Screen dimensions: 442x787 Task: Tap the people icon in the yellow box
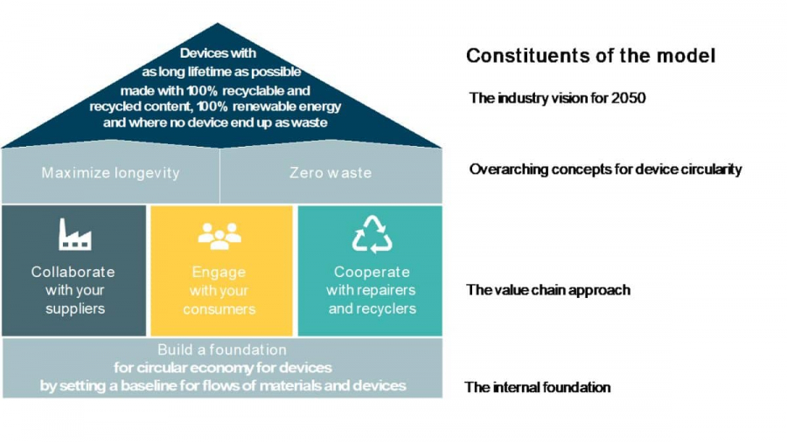point(219,235)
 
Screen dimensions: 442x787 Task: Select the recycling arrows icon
point(372,234)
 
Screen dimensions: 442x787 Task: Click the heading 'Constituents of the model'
point(590,56)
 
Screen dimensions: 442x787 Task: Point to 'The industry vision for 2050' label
point(557,98)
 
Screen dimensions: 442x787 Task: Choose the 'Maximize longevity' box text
point(110,173)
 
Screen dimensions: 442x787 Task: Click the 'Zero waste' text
point(330,173)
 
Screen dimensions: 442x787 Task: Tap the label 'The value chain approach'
point(547,290)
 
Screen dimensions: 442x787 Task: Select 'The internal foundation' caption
point(537,387)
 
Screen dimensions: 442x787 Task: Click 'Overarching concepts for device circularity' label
point(605,169)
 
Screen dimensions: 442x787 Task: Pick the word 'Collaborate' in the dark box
point(73,272)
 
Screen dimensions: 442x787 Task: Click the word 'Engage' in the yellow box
point(219,272)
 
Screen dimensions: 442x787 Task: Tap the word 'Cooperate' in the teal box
point(372,272)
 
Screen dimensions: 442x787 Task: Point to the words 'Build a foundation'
point(222,349)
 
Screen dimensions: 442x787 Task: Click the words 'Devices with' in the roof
point(218,53)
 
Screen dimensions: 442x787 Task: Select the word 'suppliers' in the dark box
point(75,308)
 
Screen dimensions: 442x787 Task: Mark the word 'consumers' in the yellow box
point(219,309)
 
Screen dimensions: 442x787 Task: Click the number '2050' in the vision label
point(629,98)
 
